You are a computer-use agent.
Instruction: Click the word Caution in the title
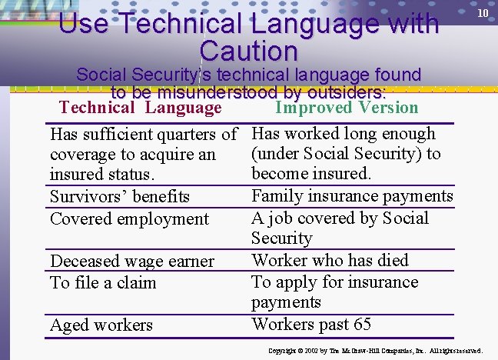pyautogui.click(x=248, y=52)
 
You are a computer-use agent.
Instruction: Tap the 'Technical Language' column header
pyautogui.click(x=141, y=108)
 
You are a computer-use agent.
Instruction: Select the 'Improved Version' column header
pyautogui.click(x=347, y=108)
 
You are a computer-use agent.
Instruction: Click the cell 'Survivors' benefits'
pyautogui.click(x=119, y=197)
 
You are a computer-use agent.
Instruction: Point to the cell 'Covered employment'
pyautogui.click(x=129, y=218)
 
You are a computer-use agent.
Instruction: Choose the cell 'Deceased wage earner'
pyautogui.click(x=131, y=262)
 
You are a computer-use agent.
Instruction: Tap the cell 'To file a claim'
pyautogui.click(x=103, y=282)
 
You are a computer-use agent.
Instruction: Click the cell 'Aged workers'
pyautogui.click(x=101, y=325)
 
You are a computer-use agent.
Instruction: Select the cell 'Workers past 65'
pyautogui.click(x=311, y=324)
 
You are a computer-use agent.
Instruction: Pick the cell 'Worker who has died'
pyautogui.click(x=330, y=260)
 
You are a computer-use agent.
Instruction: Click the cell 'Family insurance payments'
pyautogui.click(x=352, y=196)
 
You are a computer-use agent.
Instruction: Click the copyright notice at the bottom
pyautogui.click(x=375, y=351)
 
